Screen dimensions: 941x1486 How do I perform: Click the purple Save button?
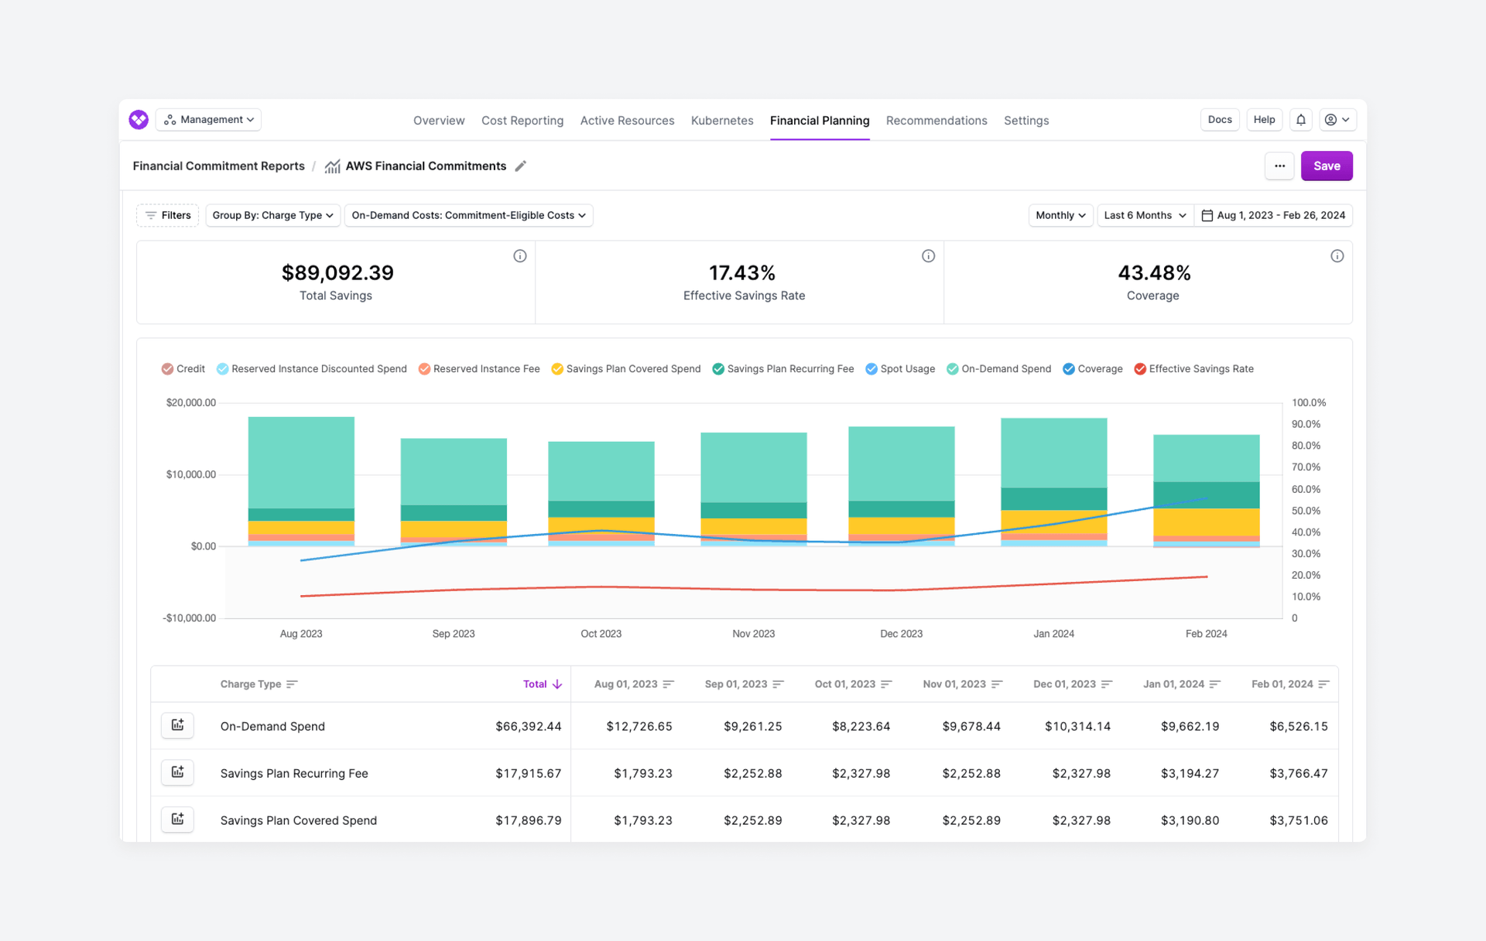pos(1326,166)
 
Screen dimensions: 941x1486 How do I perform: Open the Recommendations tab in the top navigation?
pos(936,121)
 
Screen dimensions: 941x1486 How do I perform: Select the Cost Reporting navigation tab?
pos(522,121)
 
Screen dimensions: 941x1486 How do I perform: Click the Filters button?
pos(168,215)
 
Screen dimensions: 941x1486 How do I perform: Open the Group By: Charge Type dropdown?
pos(272,215)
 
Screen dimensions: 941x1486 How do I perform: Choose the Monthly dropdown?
pos(1060,215)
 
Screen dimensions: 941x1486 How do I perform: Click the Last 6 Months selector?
pos(1144,215)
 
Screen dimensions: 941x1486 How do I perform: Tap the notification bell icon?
pos(1300,120)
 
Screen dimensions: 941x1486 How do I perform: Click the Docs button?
pos(1219,120)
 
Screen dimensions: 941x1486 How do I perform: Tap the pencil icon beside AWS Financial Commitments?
pos(521,166)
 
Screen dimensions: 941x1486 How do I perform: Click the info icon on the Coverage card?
pos(1337,256)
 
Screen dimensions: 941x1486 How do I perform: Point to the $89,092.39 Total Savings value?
pos(337,273)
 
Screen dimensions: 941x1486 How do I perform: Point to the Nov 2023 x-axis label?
pos(753,634)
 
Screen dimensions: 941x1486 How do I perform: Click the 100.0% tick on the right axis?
pos(1308,402)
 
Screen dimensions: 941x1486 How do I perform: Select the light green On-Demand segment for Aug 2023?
pos(301,462)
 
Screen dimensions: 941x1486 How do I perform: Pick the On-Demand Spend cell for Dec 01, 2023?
pos(1077,727)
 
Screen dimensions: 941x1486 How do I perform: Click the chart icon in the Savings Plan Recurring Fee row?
pos(177,772)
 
